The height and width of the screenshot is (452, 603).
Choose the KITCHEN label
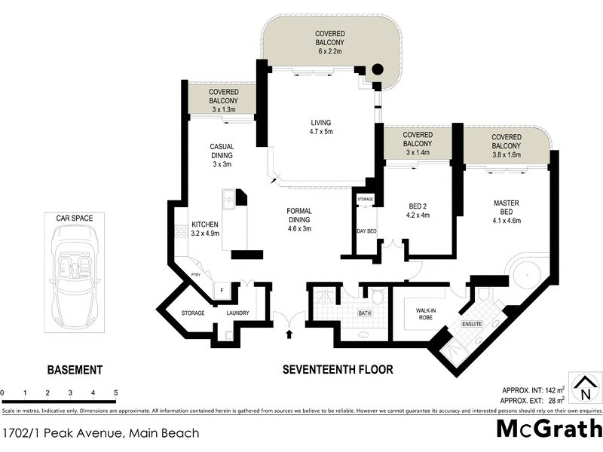(204, 229)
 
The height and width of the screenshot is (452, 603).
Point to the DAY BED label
(366, 231)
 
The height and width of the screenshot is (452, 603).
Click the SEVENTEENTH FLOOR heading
(337, 370)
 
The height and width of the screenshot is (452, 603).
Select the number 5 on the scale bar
(115, 392)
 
